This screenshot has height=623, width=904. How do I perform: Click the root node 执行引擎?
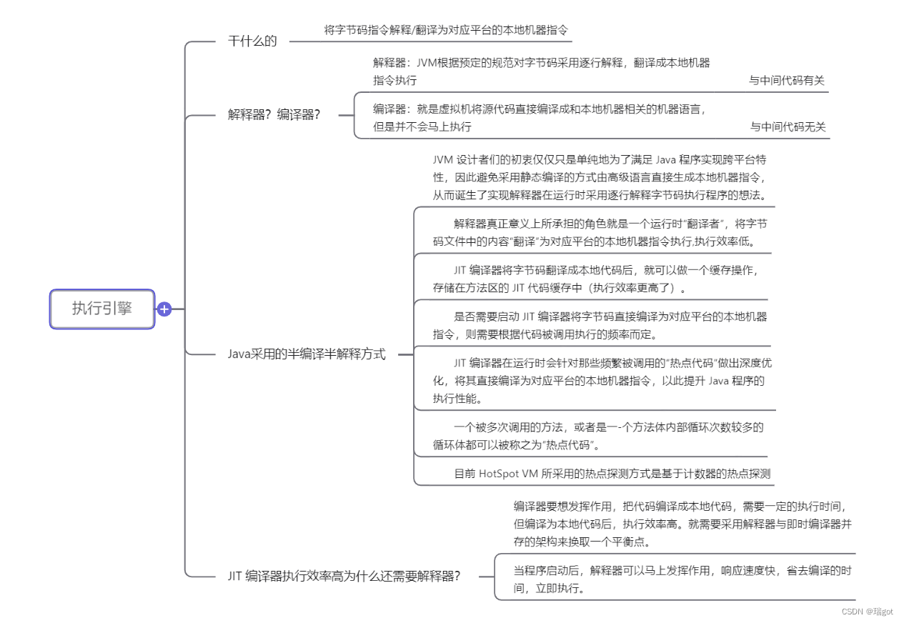(102, 309)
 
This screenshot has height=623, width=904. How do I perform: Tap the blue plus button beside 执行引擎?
(164, 309)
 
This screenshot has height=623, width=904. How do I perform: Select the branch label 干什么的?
(252, 41)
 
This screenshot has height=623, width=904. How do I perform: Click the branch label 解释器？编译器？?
(274, 114)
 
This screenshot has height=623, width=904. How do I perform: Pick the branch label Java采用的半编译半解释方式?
(307, 354)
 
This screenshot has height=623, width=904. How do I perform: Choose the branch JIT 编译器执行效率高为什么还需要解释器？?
(344, 576)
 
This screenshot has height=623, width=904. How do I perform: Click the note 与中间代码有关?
(786, 81)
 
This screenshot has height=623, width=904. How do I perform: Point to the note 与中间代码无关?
(788, 127)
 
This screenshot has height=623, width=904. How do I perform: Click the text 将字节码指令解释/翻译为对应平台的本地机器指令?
(447, 30)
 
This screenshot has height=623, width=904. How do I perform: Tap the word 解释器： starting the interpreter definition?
(391, 63)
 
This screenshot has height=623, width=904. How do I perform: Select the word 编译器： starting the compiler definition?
(391, 109)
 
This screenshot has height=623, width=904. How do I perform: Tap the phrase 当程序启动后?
(547, 571)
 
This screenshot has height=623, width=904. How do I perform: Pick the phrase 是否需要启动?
(485, 317)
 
